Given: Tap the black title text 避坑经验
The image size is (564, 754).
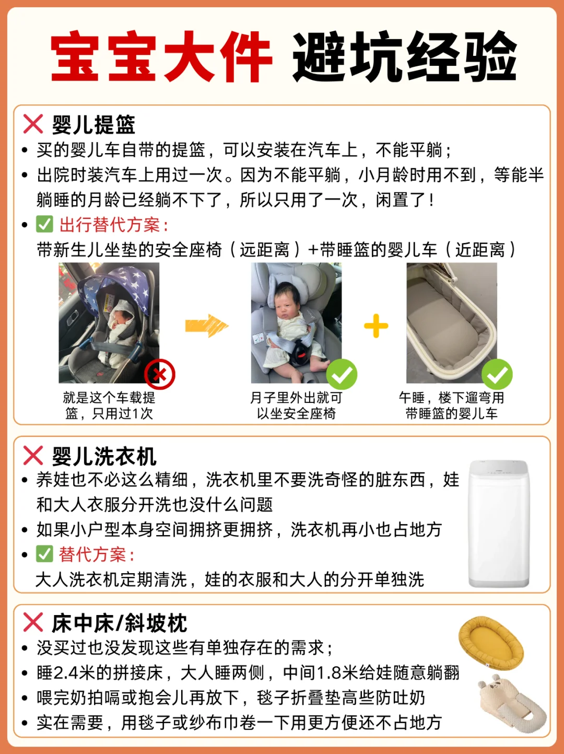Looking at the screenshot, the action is pos(405,56).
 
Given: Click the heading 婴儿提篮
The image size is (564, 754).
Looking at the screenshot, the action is pos(93,124).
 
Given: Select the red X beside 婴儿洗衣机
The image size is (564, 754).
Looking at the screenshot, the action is pos(33,456).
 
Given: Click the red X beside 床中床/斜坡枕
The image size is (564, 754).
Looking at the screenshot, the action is pos(33,622).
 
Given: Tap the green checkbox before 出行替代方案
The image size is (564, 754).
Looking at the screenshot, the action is pos(44,224).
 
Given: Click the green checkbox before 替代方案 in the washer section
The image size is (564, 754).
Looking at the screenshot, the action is pos(44,554).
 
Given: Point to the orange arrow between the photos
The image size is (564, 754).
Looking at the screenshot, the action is pos(207,326).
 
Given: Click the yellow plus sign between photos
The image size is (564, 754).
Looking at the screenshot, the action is pos(376,326).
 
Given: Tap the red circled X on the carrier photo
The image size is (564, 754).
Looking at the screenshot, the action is pos(160,374).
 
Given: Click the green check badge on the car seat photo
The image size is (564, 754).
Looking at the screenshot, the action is pos(342,374).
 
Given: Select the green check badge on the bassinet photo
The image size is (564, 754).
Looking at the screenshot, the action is pos(497,374).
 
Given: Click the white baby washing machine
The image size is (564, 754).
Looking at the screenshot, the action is pos(499,524).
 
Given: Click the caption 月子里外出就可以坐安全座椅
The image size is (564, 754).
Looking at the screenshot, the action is pos(296,405).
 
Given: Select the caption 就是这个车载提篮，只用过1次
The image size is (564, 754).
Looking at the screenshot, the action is pos(109,405).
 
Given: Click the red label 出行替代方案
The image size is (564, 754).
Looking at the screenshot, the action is pos(114,225).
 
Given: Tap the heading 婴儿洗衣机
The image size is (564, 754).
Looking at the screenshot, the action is pos(104,456).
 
